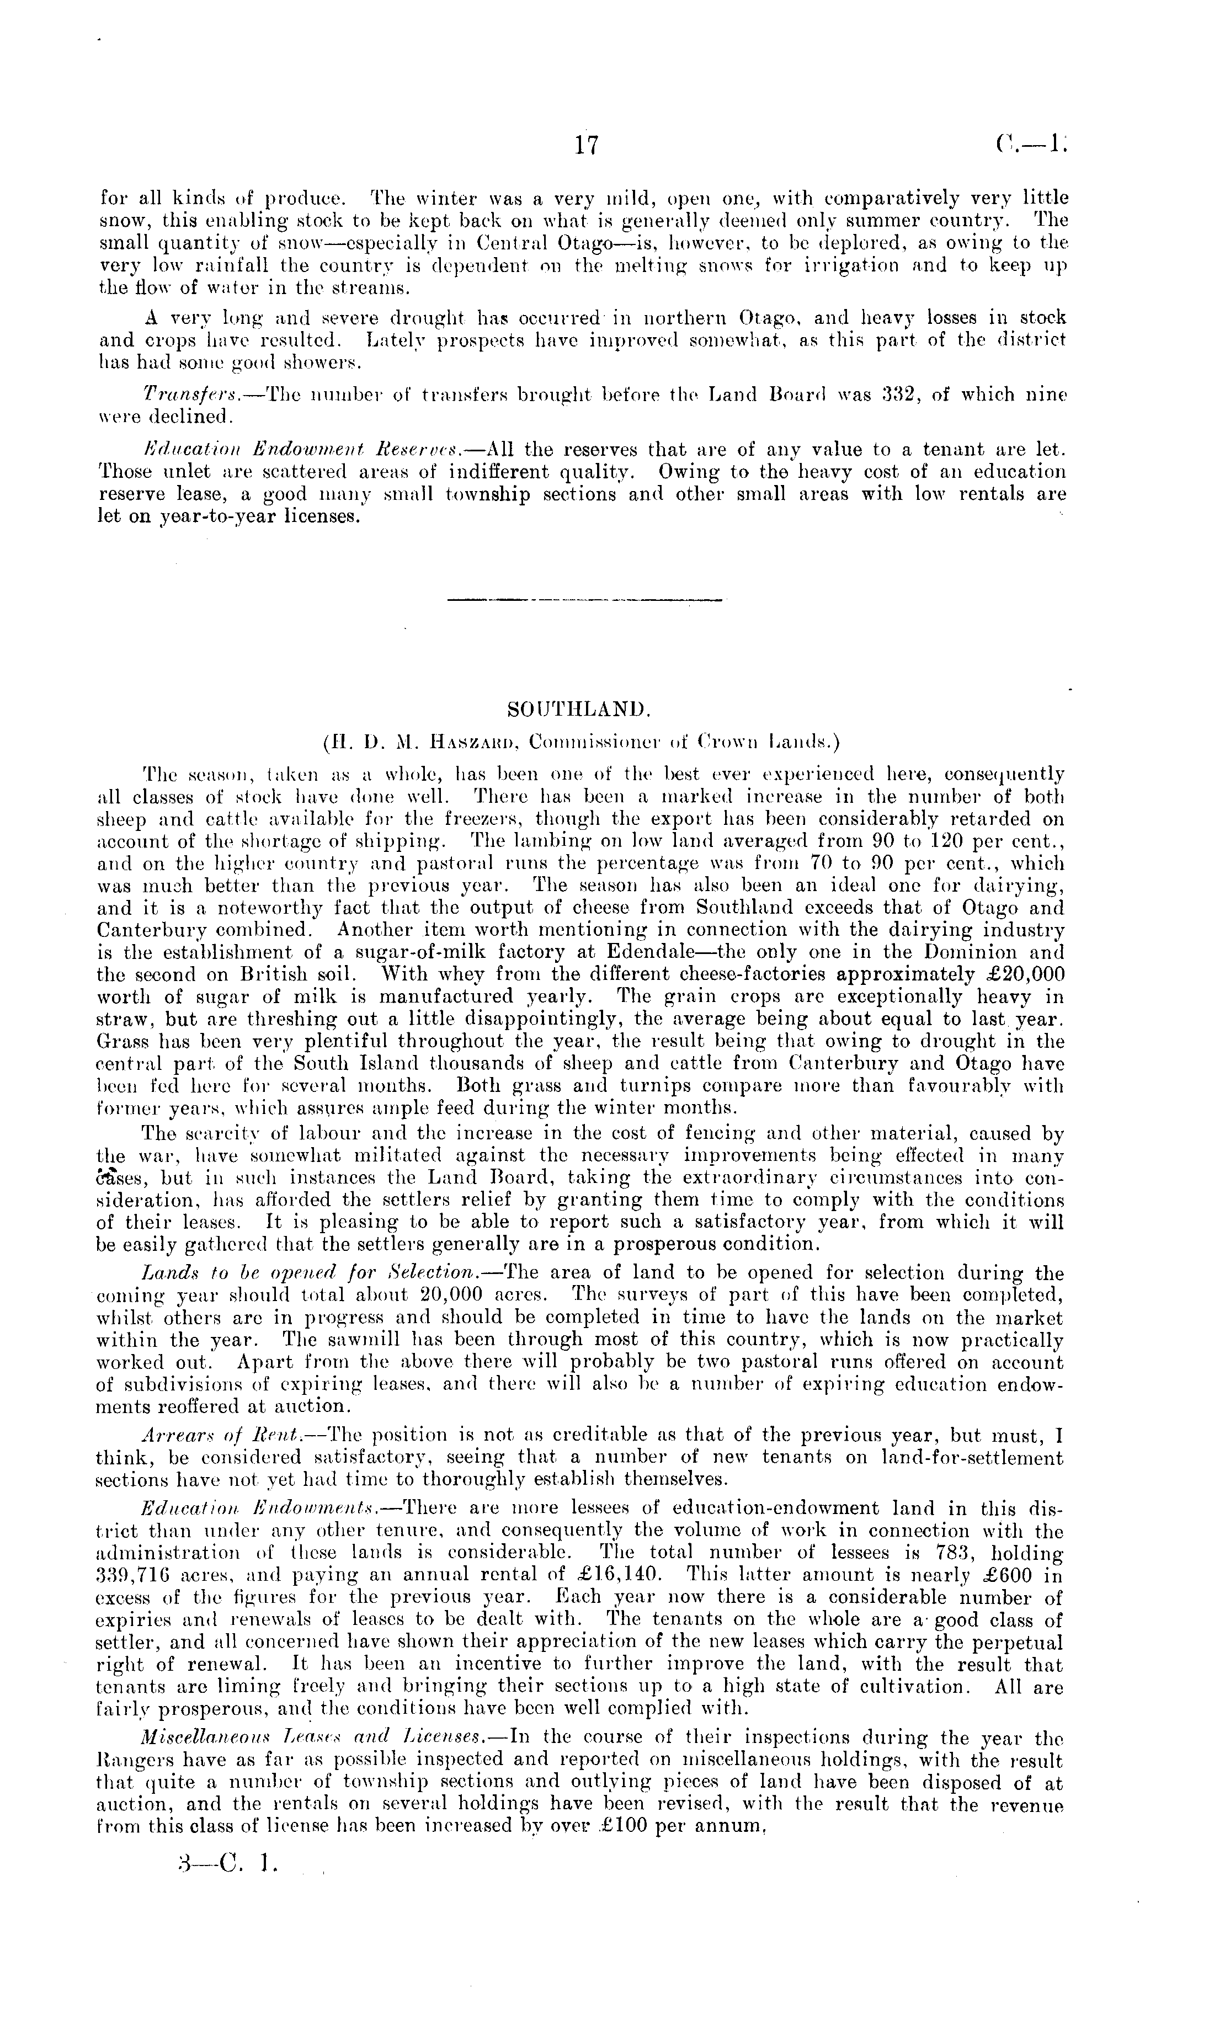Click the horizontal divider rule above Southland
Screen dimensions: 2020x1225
[x=585, y=603]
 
